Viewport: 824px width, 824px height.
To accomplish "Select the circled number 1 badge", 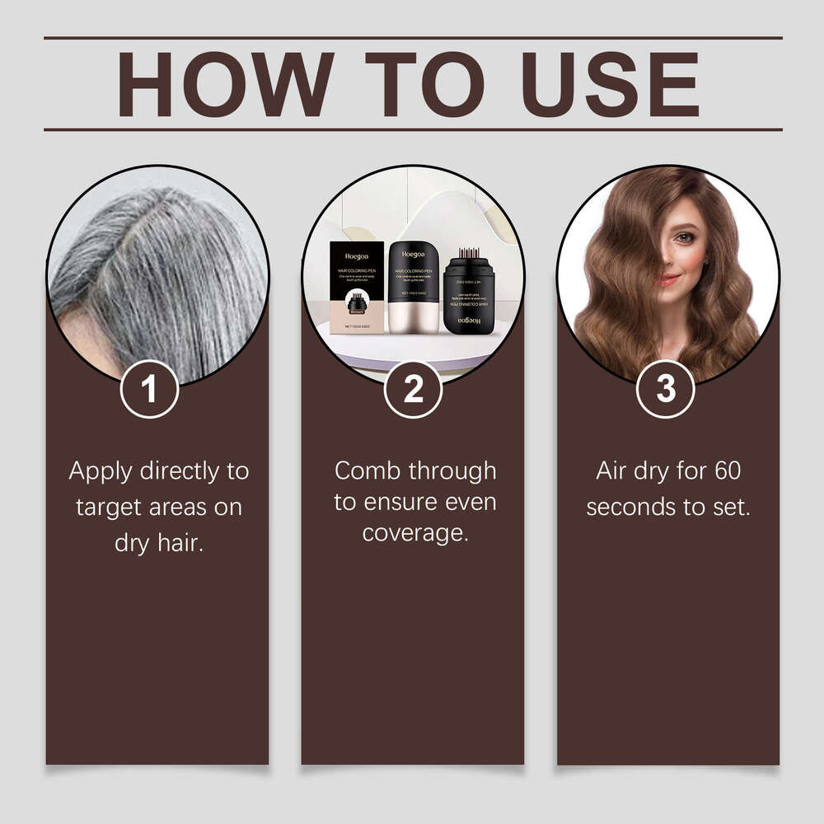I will [x=149, y=389].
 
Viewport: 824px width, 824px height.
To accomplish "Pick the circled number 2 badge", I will [x=413, y=389].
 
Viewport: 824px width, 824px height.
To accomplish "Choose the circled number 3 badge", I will [x=666, y=389].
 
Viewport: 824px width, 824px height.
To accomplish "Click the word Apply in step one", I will [x=101, y=472].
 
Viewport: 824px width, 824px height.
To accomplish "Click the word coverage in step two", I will [x=414, y=533].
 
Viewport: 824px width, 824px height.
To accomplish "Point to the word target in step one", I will [x=110, y=508].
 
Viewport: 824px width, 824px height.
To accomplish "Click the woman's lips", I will [x=669, y=280].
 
